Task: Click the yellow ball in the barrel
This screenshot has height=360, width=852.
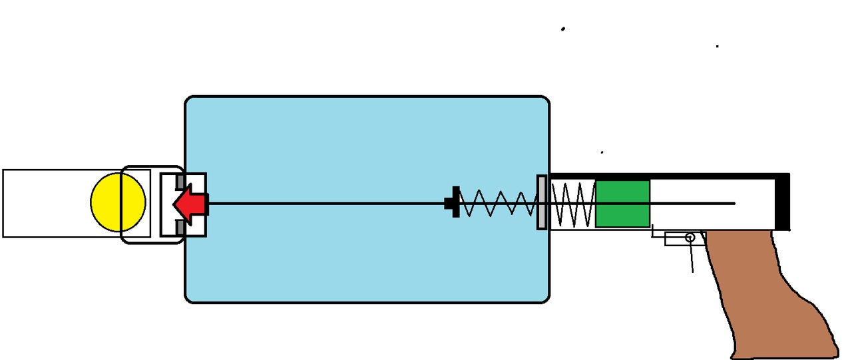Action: (x=118, y=202)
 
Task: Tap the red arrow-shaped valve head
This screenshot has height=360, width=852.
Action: (x=188, y=204)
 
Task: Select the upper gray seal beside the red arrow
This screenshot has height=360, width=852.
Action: (x=179, y=181)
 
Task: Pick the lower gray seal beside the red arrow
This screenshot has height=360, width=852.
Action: (x=179, y=227)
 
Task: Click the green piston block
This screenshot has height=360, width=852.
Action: (x=622, y=204)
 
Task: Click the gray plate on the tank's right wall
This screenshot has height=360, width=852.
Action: (x=542, y=202)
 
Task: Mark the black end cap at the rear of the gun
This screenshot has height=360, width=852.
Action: (x=783, y=204)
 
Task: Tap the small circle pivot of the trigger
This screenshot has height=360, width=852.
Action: (x=690, y=237)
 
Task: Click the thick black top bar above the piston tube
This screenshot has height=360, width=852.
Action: (x=666, y=176)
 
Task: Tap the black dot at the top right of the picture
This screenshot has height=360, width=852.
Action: (x=717, y=46)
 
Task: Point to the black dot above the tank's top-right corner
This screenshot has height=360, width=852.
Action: (x=563, y=29)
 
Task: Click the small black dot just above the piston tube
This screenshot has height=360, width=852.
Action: (x=602, y=152)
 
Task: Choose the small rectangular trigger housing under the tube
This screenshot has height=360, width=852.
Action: (x=676, y=239)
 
